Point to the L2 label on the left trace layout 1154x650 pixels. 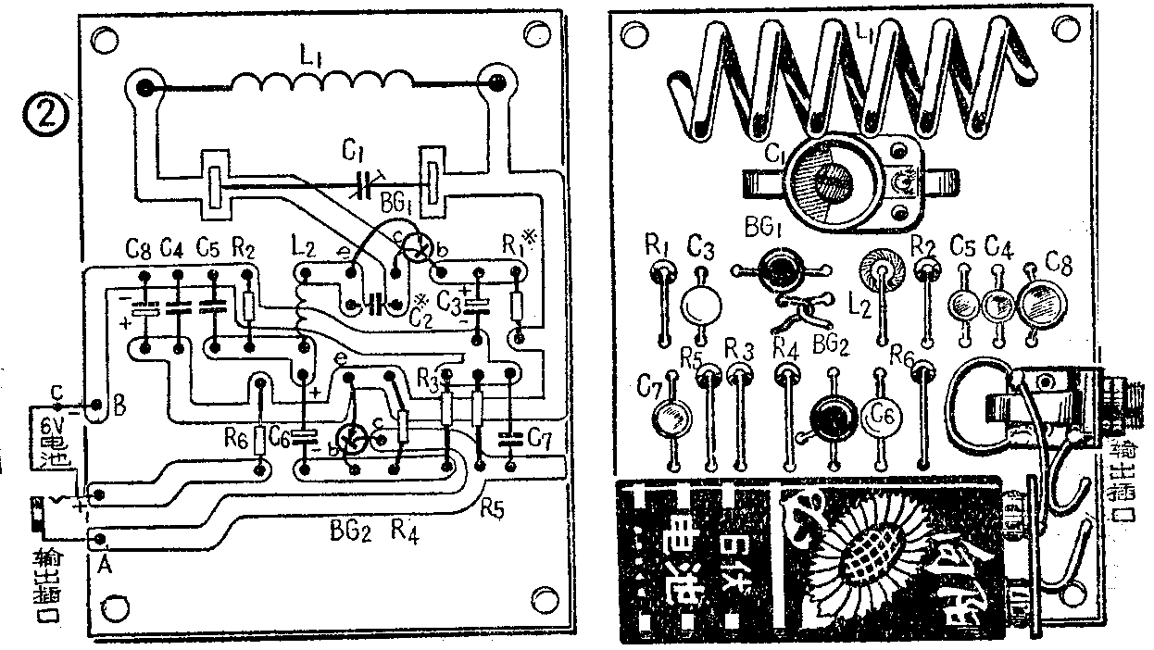coord(302,248)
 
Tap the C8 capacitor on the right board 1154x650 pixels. coord(1040,300)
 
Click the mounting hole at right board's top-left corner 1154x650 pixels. coord(634,37)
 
